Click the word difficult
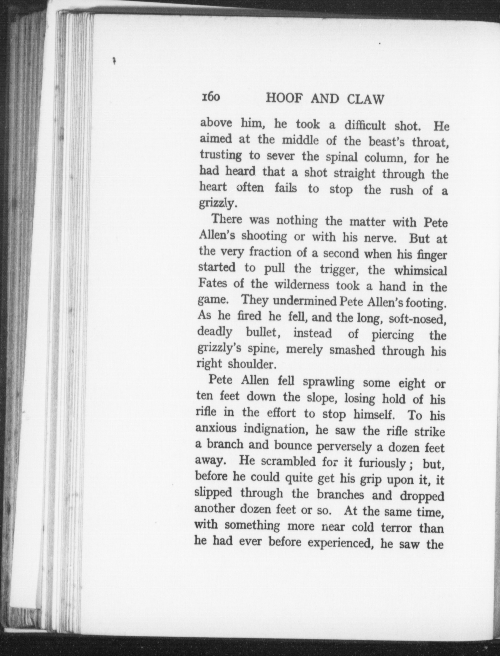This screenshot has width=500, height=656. (365, 125)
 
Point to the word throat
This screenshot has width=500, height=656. (430, 142)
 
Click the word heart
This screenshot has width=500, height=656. (213, 187)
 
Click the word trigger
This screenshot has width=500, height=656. (339, 270)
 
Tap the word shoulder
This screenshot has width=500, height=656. (252, 365)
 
